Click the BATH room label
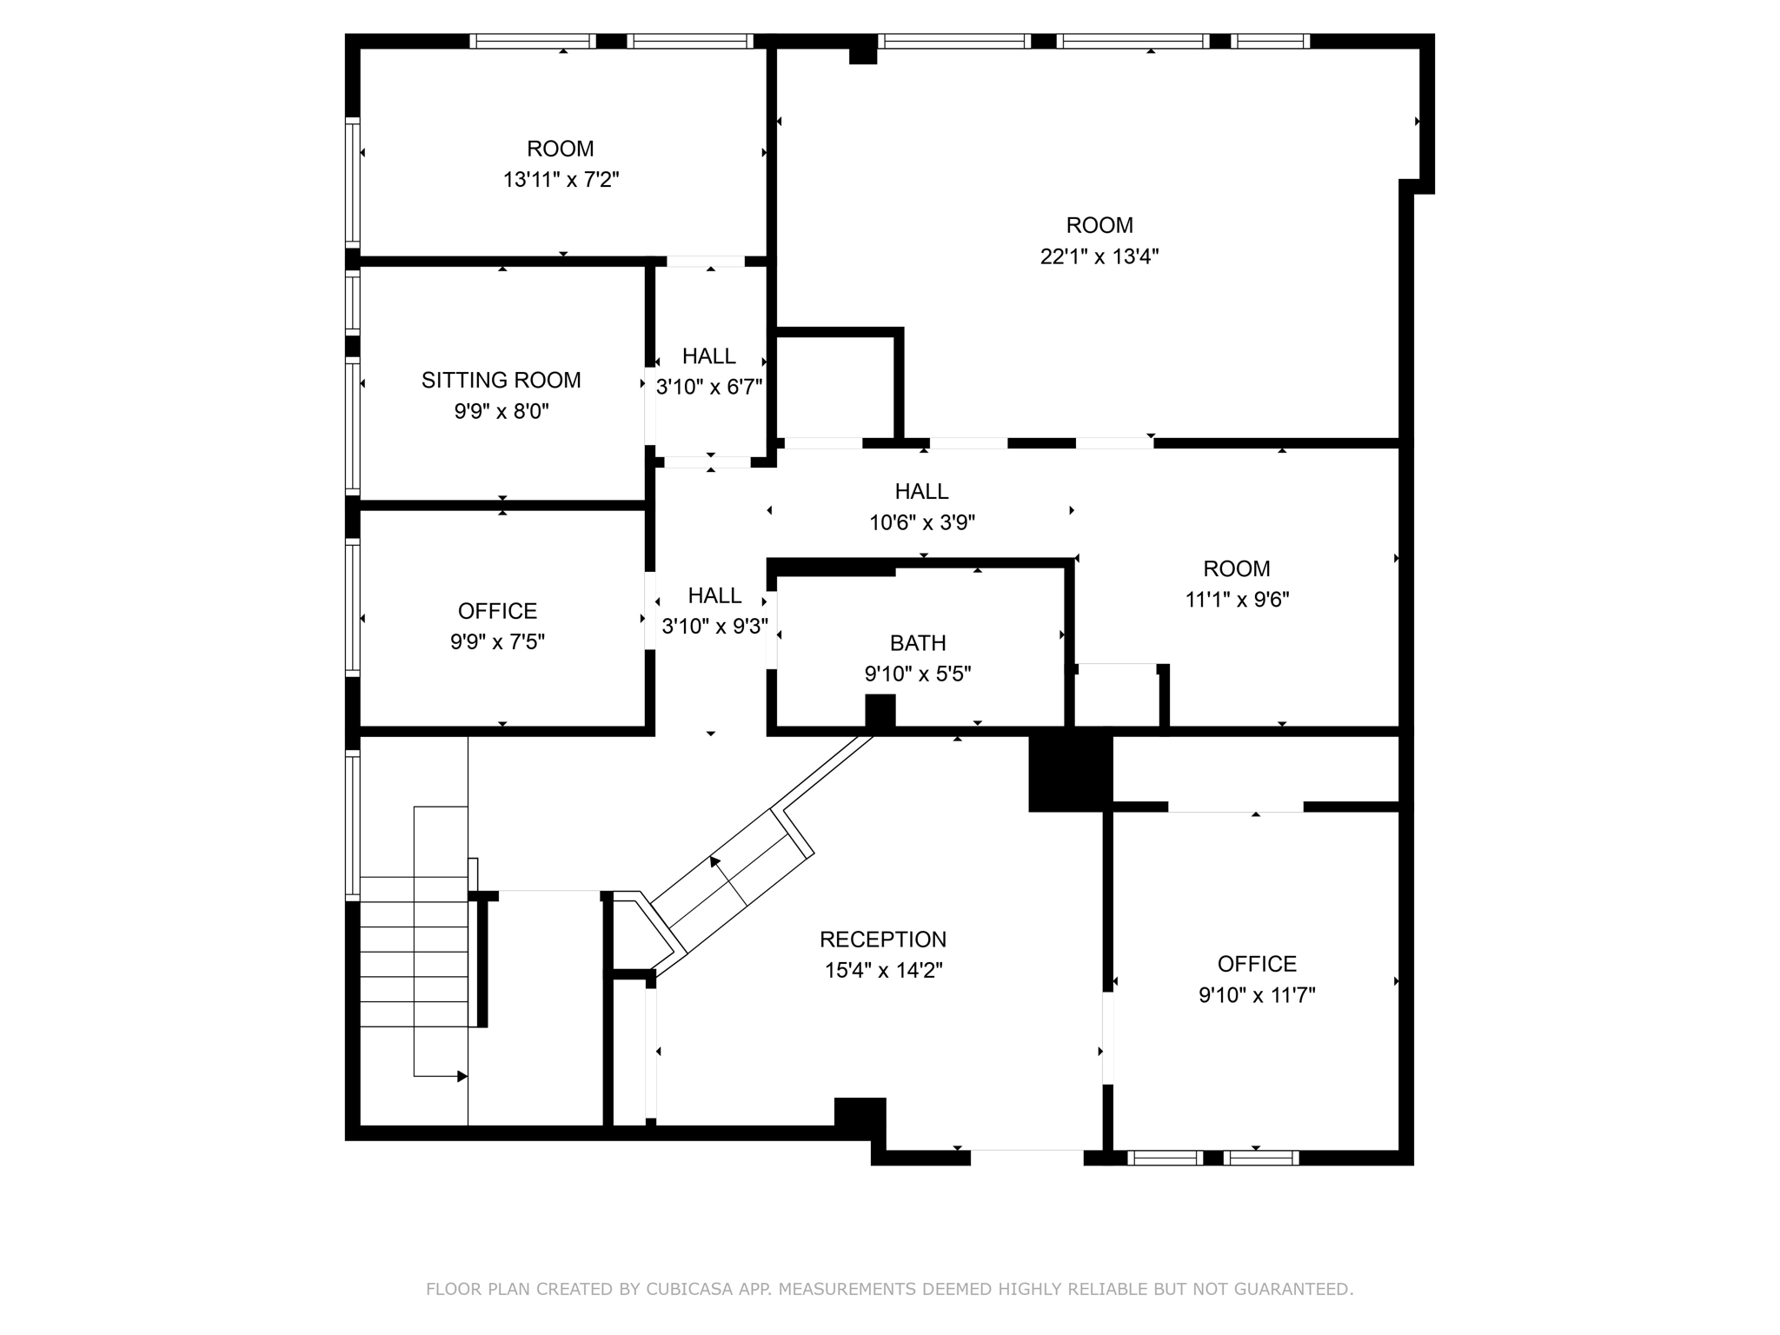point(918,643)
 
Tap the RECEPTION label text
point(883,940)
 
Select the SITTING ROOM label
point(501,381)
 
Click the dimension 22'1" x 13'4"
point(1099,257)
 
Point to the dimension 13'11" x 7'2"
point(561,180)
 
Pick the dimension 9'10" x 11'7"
point(1257,995)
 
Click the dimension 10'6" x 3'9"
point(922,523)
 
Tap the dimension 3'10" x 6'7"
point(709,388)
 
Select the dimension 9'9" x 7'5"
point(497,642)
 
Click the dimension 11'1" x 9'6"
point(1237,600)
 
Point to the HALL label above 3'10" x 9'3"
point(714,596)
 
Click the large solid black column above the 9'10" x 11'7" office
point(1070,774)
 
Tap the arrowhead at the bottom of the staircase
point(462,1077)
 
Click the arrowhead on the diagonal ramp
point(715,862)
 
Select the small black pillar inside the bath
point(880,710)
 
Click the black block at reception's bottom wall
point(860,1117)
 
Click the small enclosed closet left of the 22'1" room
point(834,387)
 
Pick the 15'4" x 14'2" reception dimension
point(883,971)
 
